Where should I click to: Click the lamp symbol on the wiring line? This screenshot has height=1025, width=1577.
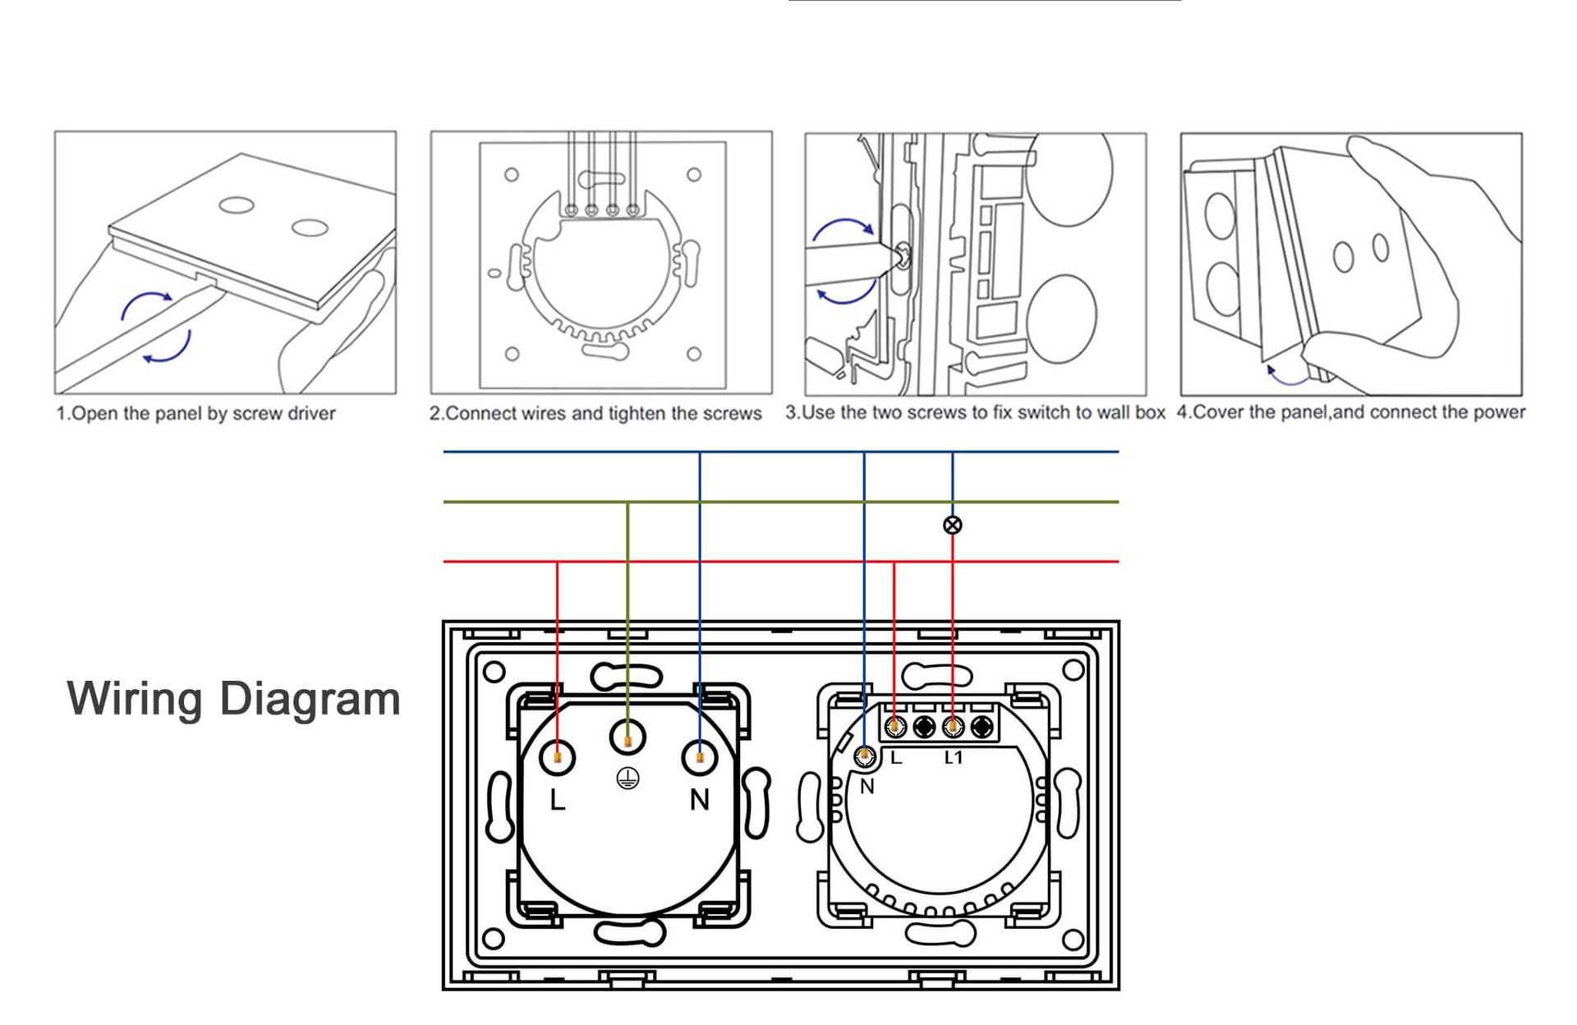[952, 525]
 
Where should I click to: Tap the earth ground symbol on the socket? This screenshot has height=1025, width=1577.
[628, 779]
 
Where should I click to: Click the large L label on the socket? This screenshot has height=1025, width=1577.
[558, 800]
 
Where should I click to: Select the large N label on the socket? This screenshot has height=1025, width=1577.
[699, 800]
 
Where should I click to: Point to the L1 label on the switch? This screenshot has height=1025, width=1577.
[953, 757]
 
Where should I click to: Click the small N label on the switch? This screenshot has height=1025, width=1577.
[867, 787]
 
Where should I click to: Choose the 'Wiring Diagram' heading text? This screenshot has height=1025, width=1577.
[233, 699]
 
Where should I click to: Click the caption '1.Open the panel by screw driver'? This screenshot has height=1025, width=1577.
[195, 413]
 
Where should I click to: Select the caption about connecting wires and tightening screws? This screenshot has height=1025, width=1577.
[595, 413]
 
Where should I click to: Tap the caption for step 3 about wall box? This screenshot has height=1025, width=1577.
[975, 412]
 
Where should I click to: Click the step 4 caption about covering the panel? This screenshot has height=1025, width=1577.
[1351, 412]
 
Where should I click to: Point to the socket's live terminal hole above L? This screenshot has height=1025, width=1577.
[557, 756]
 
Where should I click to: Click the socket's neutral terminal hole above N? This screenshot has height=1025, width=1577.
[699, 756]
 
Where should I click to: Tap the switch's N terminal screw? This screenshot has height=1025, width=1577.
[864, 756]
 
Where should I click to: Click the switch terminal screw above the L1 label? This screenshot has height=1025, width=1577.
[953, 727]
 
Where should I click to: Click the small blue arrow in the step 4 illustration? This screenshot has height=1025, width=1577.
[1286, 377]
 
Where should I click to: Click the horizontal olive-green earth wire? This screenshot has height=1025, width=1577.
[781, 502]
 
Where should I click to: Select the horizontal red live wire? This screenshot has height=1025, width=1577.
[781, 562]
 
